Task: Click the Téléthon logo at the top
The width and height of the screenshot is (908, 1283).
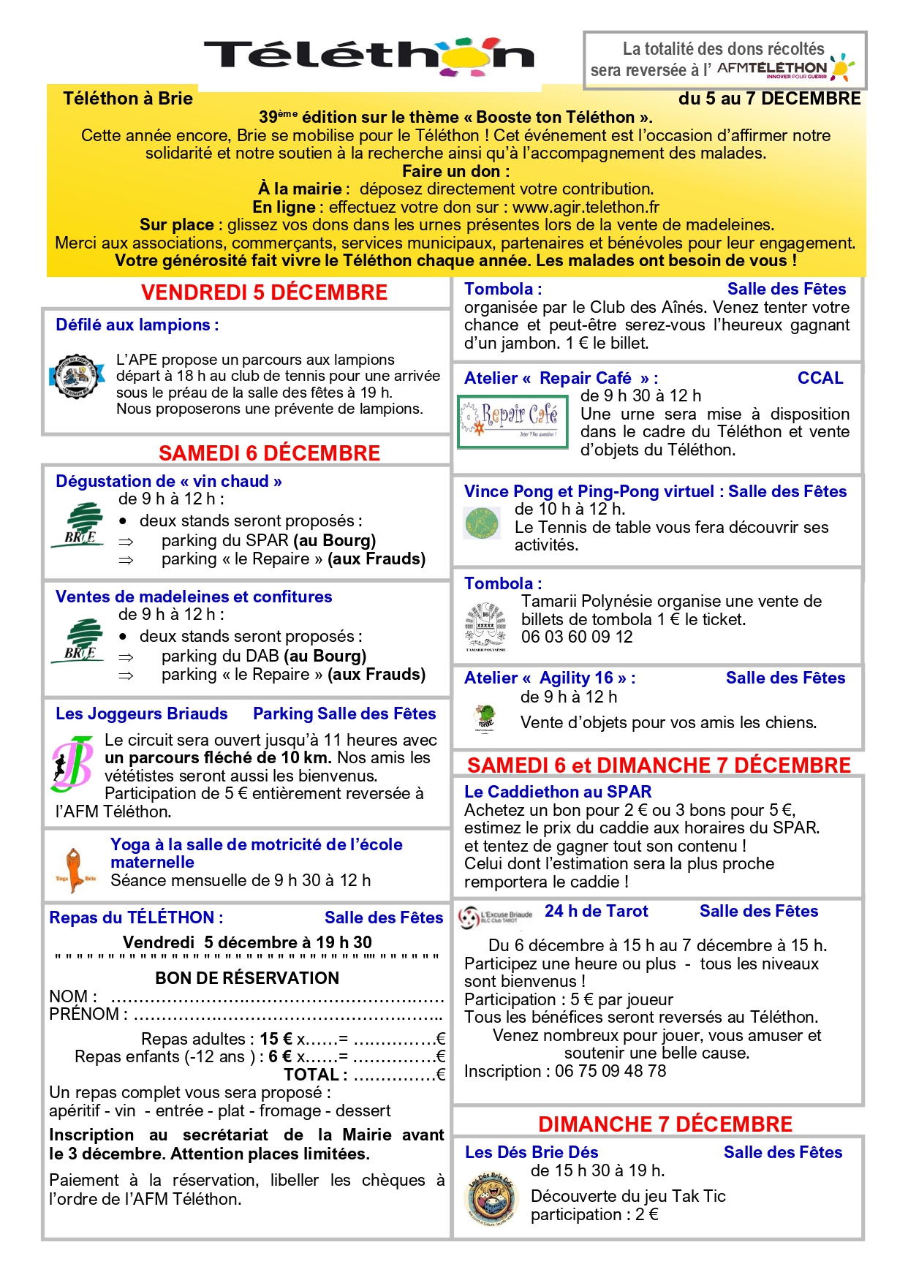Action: (x=369, y=56)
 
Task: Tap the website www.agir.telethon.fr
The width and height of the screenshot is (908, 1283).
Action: (x=586, y=207)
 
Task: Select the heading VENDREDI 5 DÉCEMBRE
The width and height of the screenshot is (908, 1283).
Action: (x=264, y=292)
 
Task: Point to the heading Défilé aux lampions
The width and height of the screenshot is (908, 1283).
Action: (x=137, y=325)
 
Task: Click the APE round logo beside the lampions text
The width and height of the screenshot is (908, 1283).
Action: (x=76, y=376)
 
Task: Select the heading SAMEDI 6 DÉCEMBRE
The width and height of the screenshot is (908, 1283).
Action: (x=269, y=453)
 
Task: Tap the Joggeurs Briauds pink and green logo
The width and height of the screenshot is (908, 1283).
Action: (x=72, y=765)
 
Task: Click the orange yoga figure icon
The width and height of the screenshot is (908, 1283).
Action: (x=75, y=870)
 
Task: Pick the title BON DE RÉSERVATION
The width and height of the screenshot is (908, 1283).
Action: (x=247, y=978)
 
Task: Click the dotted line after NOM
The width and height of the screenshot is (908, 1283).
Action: (x=277, y=999)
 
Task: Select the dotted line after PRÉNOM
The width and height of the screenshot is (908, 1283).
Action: (x=288, y=1016)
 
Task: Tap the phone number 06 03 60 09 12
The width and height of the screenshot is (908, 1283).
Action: (x=577, y=637)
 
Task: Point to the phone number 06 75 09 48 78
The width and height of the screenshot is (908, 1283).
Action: (x=610, y=1071)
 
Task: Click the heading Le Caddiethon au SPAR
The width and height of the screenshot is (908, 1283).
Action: (x=558, y=792)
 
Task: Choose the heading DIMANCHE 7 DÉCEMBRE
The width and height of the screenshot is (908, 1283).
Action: (x=665, y=1124)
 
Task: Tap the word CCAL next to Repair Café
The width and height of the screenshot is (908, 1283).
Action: (x=820, y=378)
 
